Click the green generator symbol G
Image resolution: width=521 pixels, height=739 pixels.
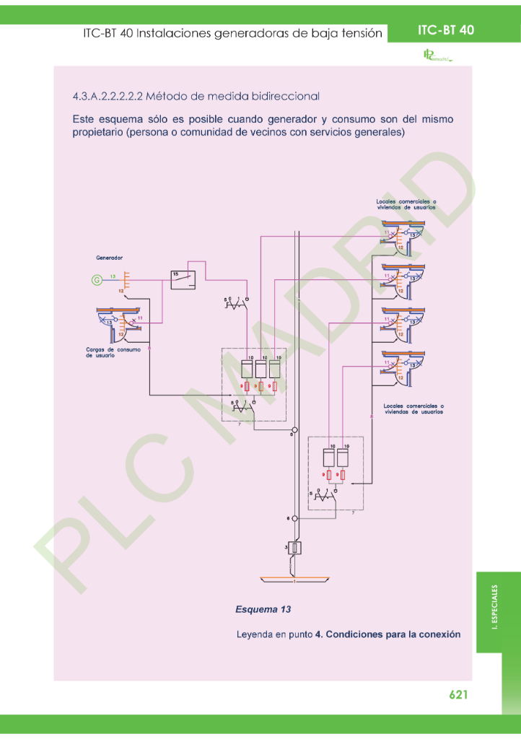coord(95,280)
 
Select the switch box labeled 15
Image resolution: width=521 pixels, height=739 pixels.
coord(183,279)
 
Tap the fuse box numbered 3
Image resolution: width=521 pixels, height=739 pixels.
coord(294,548)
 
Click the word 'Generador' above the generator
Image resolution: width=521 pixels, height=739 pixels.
coord(110,258)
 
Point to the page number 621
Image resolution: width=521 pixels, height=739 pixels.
coord(459,694)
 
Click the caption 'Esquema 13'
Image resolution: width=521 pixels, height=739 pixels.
coord(263,610)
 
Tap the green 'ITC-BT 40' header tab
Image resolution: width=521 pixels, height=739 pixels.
coord(445,30)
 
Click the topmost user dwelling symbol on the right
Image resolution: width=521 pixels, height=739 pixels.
coord(403,235)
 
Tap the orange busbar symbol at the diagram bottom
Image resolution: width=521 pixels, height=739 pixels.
coord(294,580)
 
